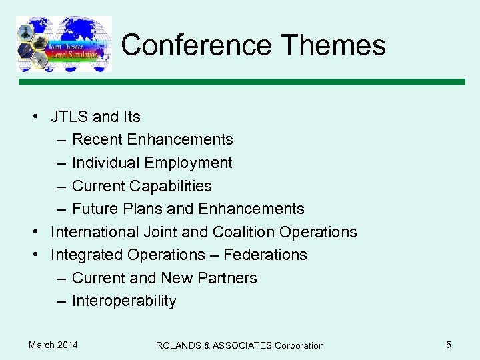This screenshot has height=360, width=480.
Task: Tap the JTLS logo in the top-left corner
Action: coord(64,43)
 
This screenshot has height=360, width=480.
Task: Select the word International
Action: coord(95,232)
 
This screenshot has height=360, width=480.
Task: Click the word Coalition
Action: coord(243,232)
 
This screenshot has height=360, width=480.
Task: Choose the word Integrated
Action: coord(85,255)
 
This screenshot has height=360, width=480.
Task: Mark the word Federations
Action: coord(265,255)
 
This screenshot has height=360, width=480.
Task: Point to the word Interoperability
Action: coord(124,301)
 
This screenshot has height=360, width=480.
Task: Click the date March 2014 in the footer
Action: coord(53,345)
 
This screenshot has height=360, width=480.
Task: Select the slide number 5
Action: coord(449,345)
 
